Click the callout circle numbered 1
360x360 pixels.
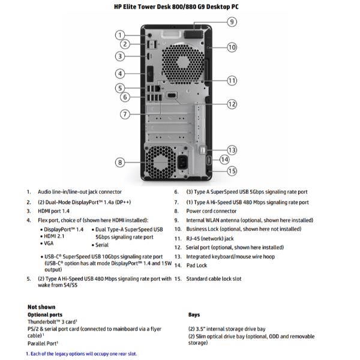[120, 35]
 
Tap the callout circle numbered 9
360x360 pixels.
[232, 22]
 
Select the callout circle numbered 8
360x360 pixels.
[120, 162]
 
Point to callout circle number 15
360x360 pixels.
[232, 171]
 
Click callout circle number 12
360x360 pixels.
[232, 104]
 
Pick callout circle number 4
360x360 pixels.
[120, 74]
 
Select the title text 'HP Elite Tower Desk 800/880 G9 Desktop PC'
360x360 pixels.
[179, 7]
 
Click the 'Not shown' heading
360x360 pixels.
[41, 307]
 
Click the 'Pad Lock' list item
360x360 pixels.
[196, 265]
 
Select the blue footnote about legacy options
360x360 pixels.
[81, 353]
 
